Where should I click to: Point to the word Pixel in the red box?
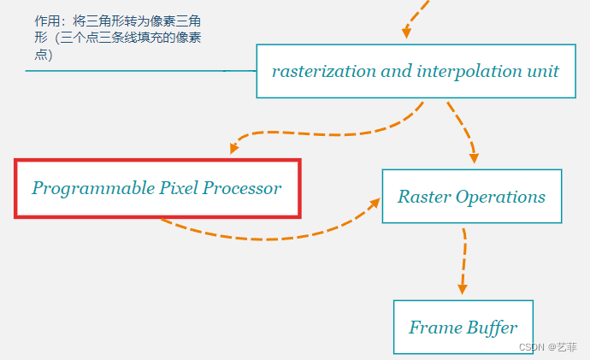[180, 188]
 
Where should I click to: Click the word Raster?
[423, 197]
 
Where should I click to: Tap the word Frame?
[435, 328]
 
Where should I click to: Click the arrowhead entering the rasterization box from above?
[407, 32]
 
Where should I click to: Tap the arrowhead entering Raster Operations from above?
[473, 158]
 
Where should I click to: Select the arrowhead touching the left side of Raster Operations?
[374, 203]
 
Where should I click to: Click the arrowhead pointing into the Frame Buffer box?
[463, 288]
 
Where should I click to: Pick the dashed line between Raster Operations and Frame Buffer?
[463, 257]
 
